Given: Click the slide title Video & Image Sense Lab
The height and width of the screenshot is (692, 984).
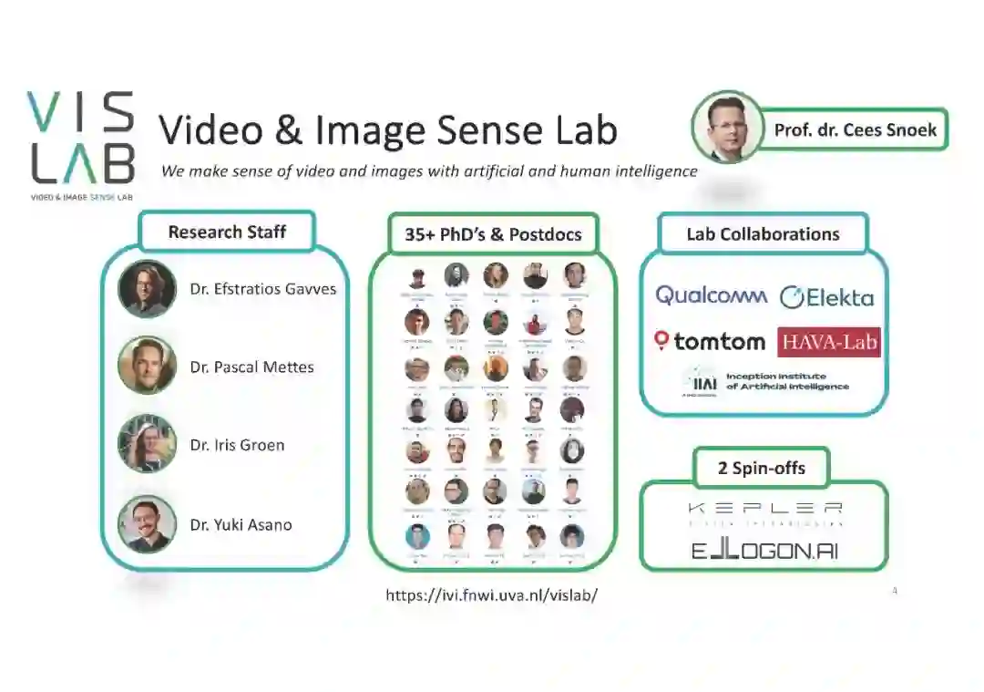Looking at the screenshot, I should (388, 130).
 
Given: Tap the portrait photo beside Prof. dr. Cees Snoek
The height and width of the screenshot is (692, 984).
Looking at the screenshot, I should (726, 127).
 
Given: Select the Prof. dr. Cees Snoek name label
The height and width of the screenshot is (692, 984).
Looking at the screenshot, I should (855, 129).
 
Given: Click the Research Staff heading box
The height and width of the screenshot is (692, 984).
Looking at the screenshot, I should (227, 232).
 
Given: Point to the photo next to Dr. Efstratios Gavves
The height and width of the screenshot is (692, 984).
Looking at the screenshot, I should (147, 289).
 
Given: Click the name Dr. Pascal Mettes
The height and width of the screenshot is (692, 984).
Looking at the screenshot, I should (251, 367).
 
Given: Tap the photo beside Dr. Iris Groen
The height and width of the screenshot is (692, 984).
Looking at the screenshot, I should (147, 444).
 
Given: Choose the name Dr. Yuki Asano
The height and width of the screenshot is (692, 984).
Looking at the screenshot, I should (241, 524).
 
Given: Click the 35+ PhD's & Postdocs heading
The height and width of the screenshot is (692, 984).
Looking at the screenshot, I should (493, 234).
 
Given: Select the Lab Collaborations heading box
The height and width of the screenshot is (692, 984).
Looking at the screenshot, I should (763, 234).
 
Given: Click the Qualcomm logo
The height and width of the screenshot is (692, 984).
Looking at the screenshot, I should (712, 295).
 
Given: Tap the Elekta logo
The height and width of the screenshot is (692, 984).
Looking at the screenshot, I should (826, 297).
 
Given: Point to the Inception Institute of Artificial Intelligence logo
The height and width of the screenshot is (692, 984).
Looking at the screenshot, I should (766, 381).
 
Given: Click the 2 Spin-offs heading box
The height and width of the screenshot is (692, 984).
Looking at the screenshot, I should (762, 469).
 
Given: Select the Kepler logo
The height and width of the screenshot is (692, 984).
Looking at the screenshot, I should (764, 513).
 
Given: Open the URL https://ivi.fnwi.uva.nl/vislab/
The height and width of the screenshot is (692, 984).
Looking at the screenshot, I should (492, 595).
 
